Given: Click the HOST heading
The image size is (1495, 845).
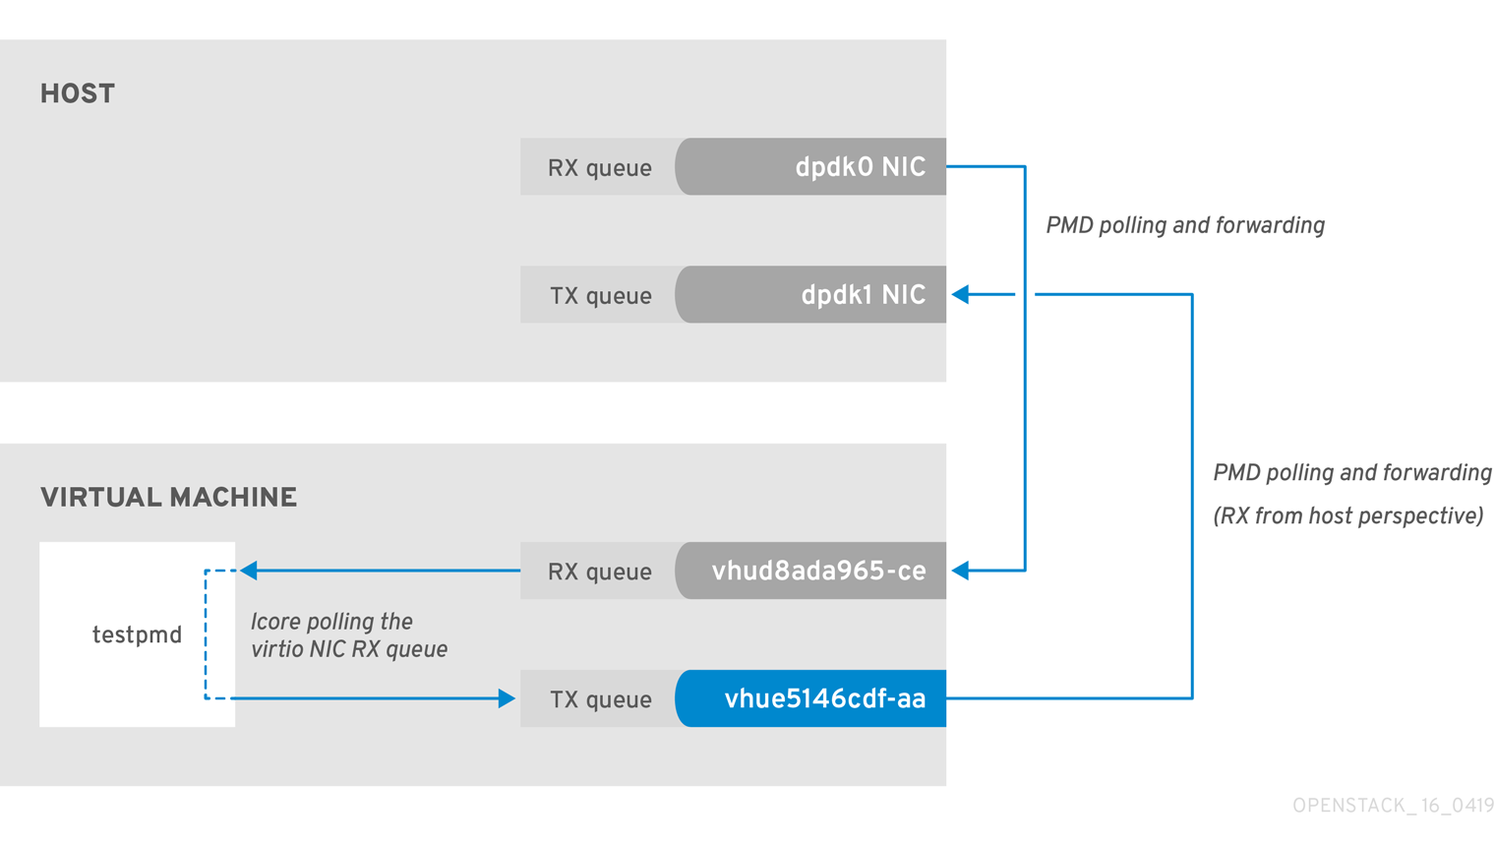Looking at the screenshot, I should (78, 94).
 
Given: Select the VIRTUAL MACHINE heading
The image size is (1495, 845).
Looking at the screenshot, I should (168, 498).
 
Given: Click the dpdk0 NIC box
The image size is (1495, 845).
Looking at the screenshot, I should (811, 167).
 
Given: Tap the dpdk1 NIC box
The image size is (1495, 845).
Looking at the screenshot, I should (811, 295).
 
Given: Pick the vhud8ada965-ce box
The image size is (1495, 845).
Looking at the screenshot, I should (811, 572).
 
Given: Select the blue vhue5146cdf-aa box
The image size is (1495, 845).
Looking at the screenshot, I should (811, 699).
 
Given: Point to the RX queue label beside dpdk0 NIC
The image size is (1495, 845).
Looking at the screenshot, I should (599, 168).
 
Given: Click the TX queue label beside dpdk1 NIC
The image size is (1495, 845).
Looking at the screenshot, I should (600, 296).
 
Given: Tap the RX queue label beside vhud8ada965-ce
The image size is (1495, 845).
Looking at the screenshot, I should (599, 572).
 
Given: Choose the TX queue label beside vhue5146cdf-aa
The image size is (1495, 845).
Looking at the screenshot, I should (600, 699).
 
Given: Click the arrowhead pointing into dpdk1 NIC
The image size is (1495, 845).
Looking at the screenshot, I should (961, 294).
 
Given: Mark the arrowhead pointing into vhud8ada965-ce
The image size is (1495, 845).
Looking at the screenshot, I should (961, 571).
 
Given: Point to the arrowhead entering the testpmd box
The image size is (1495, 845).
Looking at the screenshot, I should (249, 571).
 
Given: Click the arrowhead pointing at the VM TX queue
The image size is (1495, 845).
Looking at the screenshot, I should (507, 698).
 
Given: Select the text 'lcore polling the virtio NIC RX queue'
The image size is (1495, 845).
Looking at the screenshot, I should (348, 635).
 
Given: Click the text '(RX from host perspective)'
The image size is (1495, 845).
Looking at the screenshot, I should (1347, 516).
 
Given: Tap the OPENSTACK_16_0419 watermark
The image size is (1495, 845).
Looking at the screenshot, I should (1393, 806).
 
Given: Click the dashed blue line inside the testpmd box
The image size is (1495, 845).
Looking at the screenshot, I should (206, 634).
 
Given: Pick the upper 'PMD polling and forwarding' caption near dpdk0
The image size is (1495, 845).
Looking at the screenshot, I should (1184, 226).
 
